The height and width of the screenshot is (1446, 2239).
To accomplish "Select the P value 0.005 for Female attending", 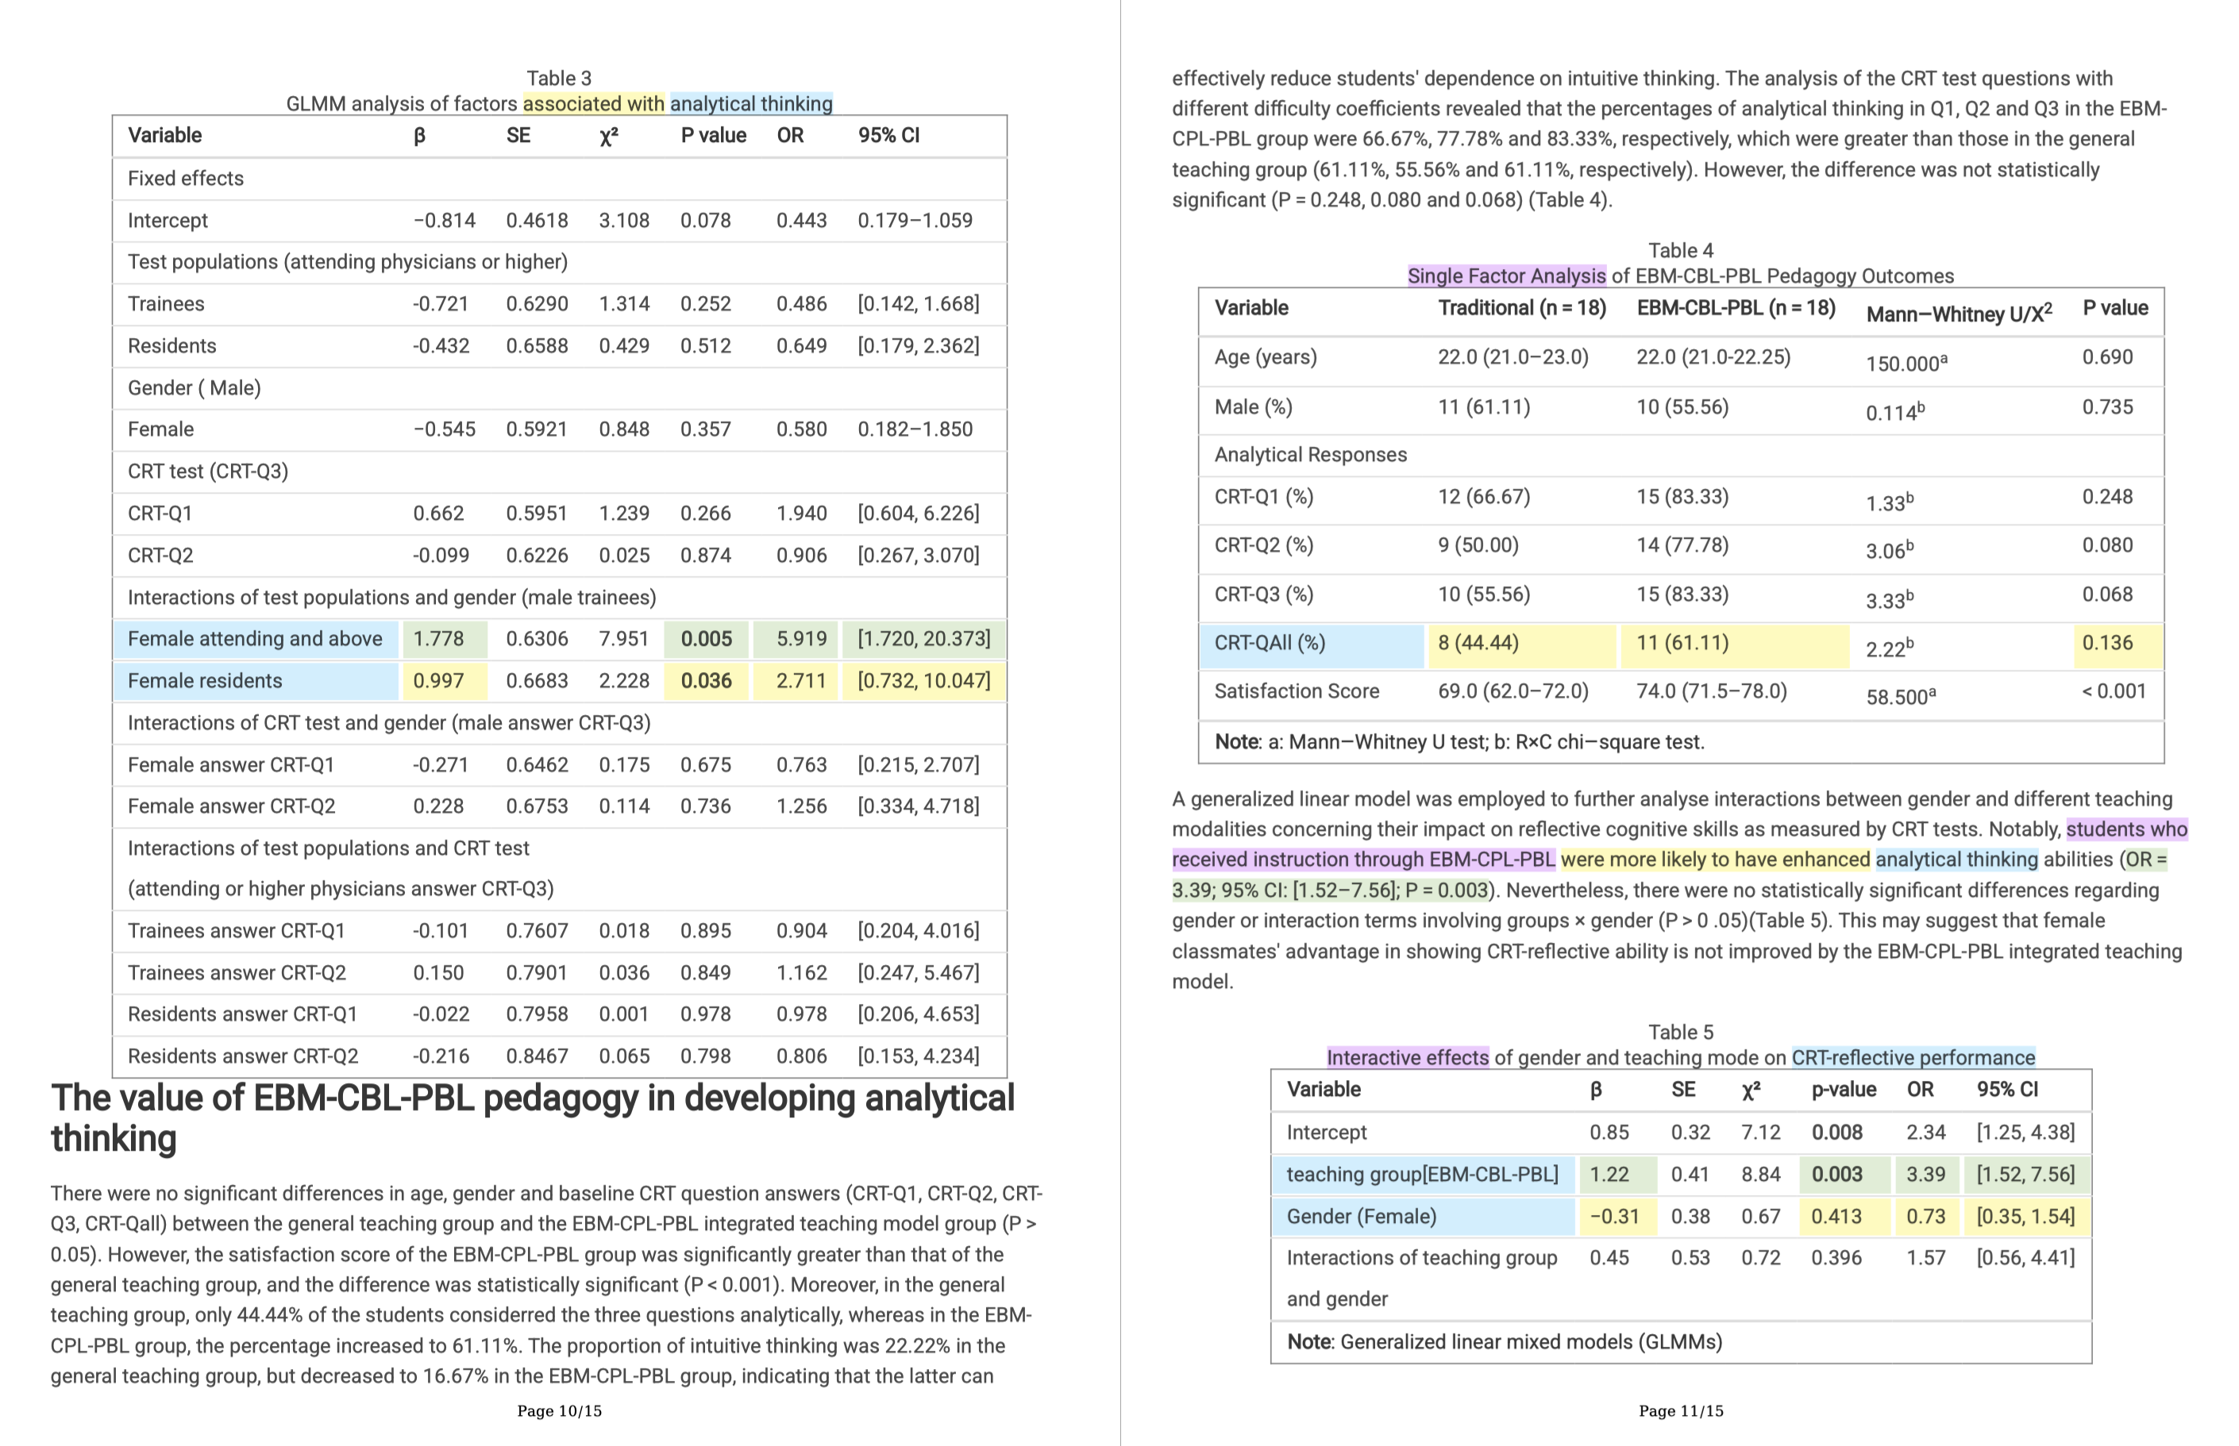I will click(x=707, y=640).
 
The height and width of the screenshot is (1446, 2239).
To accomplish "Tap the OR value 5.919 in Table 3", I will click(x=801, y=640).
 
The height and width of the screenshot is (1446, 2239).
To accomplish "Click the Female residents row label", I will click(x=205, y=681).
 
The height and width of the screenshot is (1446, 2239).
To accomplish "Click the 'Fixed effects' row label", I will click(x=185, y=179).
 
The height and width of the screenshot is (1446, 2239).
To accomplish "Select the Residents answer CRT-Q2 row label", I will click(x=242, y=1056).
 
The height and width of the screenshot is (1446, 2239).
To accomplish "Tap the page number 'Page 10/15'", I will click(x=559, y=1410).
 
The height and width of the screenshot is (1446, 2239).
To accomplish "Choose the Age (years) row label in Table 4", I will click(x=1265, y=358).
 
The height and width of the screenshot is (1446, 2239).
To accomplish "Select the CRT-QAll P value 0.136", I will click(x=2106, y=643).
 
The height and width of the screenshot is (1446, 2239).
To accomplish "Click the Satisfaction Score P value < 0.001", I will click(x=2113, y=692).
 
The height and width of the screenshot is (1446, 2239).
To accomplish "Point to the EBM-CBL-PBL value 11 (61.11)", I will click(x=1682, y=643).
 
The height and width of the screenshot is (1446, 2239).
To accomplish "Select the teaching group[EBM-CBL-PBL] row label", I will click(x=1421, y=1175).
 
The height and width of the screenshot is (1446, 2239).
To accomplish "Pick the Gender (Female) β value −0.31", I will click(x=1613, y=1217).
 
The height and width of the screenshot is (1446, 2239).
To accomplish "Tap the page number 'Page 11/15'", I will click(x=1680, y=1410).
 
